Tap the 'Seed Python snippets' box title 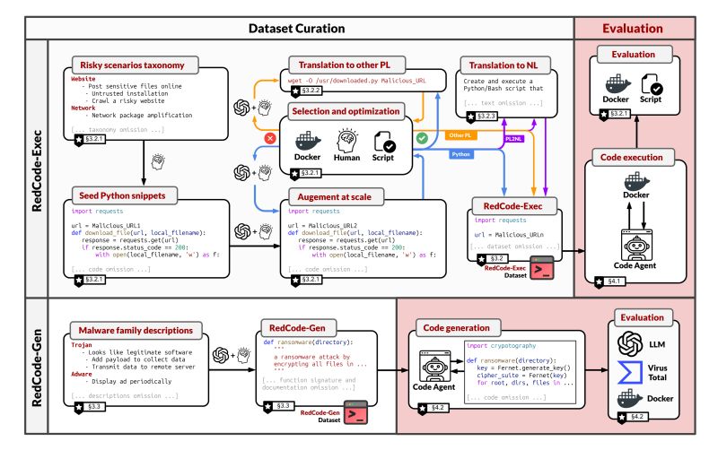tap(118, 194)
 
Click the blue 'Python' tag tap(461, 154)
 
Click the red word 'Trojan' tap(83, 343)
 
